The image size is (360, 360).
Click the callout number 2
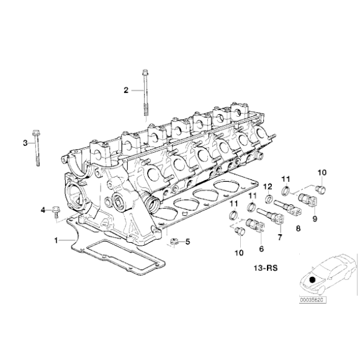[x=125, y=90]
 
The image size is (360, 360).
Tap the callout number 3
[x=25, y=143]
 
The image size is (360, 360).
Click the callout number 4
[x=44, y=210]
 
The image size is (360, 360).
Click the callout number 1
[x=56, y=239]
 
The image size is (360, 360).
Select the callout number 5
[x=188, y=241]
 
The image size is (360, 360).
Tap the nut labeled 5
[x=174, y=241]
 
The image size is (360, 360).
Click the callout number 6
[x=261, y=248]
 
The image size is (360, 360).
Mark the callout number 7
[x=280, y=237]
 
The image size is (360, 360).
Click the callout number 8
[x=298, y=228]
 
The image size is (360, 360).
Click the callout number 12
[x=268, y=186]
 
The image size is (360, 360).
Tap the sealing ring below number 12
[x=271, y=199]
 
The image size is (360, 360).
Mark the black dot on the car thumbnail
[x=312, y=280]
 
